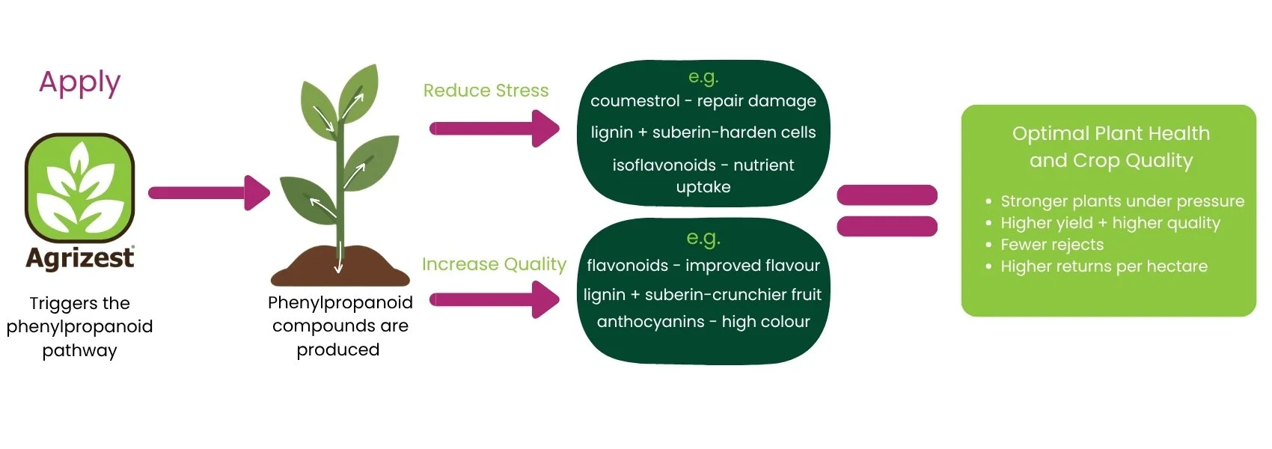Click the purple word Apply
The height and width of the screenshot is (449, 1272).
click(x=79, y=82)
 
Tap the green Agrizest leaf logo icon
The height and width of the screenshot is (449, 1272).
click(x=80, y=188)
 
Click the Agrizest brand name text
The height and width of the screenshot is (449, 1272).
click(x=80, y=258)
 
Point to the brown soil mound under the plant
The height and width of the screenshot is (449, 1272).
click(x=340, y=268)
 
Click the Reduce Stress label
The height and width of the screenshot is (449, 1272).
click(x=486, y=91)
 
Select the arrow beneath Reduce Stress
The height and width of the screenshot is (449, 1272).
click(x=494, y=129)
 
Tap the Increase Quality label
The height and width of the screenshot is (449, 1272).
click(x=494, y=264)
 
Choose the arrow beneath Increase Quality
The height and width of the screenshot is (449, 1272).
click(x=494, y=300)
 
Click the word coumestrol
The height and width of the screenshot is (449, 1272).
click(x=635, y=101)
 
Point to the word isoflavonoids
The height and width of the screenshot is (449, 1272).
click(x=664, y=165)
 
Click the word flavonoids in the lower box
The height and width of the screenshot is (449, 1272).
click(x=627, y=266)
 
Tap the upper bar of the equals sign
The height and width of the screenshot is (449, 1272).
click(x=887, y=195)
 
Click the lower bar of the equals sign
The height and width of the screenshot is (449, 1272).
click(x=887, y=226)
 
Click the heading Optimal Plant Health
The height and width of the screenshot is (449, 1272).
click(x=1110, y=134)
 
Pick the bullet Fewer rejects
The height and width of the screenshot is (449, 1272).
click(x=1051, y=245)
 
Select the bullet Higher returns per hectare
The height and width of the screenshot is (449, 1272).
click(x=1104, y=266)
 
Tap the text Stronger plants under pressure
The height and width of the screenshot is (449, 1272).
click(x=1122, y=201)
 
